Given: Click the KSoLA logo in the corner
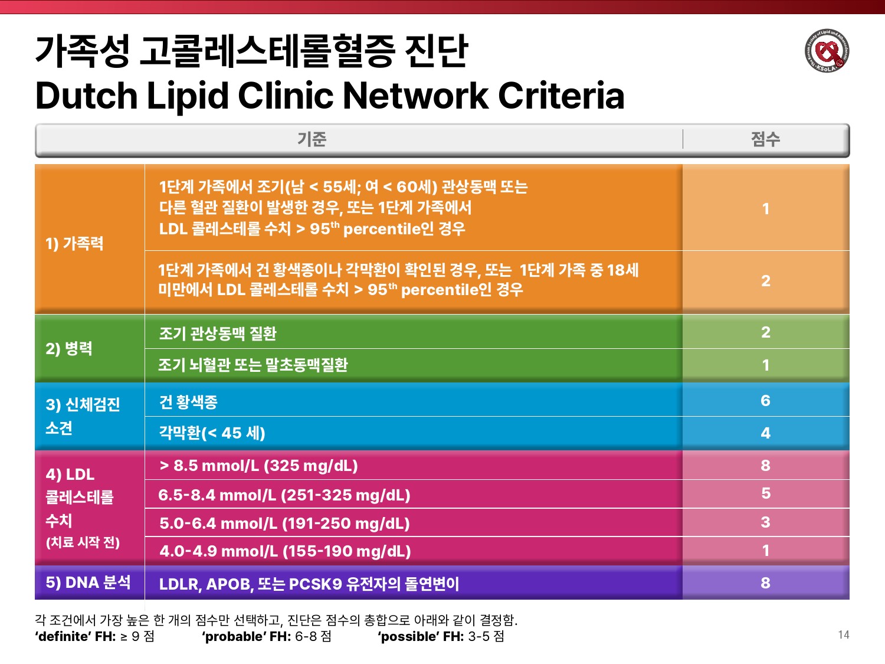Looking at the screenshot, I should click(x=827, y=51).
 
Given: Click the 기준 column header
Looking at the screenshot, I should click(x=312, y=139).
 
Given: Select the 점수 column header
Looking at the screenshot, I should click(x=765, y=139).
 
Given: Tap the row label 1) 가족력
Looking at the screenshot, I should click(x=75, y=243).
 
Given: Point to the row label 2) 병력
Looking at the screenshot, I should click(x=69, y=348).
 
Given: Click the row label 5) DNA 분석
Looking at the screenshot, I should click(x=88, y=583).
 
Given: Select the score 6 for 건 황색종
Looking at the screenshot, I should click(x=765, y=401).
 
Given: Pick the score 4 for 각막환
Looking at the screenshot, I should click(x=765, y=433).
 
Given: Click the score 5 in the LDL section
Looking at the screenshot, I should click(x=765, y=493).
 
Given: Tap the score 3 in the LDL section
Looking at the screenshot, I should click(x=765, y=522).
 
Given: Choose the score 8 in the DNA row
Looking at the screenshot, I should click(x=765, y=583).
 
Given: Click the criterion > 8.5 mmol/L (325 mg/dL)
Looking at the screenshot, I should click(x=258, y=466).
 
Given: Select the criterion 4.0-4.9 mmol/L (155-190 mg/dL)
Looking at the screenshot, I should click(x=285, y=551).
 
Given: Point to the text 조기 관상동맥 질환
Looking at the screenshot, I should click(x=218, y=333).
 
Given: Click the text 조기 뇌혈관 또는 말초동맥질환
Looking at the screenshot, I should click(x=253, y=365).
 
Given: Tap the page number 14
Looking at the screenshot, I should click(x=843, y=634).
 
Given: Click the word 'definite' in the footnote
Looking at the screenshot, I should click(x=64, y=637).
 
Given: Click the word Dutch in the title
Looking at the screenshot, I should click(x=86, y=96).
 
